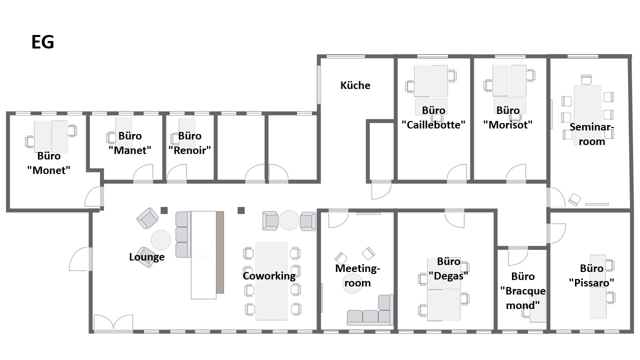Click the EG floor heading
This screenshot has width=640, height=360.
(42, 42)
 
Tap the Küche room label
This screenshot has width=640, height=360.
(355, 85)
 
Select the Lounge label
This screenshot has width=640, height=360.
(147, 257)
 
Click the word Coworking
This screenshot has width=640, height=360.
(269, 275)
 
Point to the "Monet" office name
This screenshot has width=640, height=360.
(48, 170)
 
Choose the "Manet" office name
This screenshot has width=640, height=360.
(129, 150)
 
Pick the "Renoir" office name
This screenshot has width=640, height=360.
(189, 150)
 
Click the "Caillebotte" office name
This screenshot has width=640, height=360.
(433, 124)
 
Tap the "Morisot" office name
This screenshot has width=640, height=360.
(507, 124)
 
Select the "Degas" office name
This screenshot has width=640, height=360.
(448, 275)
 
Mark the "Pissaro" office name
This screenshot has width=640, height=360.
(591, 283)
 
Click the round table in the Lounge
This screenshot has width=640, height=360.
(161, 240)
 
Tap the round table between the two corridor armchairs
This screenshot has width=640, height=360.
(289, 220)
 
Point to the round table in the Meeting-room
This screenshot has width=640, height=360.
(352, 283)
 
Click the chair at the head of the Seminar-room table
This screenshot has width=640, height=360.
(586, 79)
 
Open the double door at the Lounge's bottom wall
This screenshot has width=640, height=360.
(113, 323)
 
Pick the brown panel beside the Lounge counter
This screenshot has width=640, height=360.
(220, 252)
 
